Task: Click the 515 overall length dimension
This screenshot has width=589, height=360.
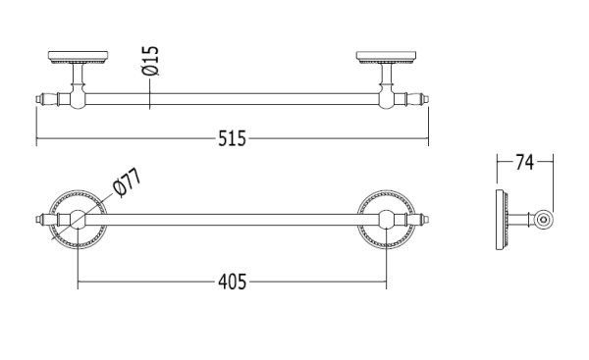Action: tap(232, 138)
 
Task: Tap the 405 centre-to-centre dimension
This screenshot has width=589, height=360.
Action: tap(232, 282)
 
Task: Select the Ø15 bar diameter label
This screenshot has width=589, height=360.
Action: tap(150, 61)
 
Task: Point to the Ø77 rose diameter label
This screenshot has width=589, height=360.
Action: tap(128, 181)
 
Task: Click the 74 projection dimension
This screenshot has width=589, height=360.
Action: tap(524, 162)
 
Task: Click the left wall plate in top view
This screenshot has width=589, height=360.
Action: tap(79, 58)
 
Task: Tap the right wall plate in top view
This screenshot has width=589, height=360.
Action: tap(386, 58)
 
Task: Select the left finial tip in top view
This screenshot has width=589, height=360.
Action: tap(38, 99)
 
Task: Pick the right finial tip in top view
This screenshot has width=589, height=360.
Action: tap(427, 99)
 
